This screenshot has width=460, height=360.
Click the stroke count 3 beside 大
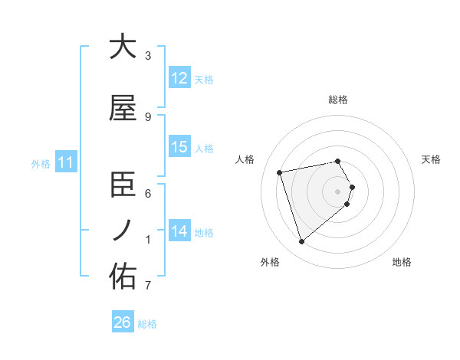click(x=148, y=55)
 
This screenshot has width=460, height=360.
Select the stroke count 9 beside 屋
click(x=148, y=116)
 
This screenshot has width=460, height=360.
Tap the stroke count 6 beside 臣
click(x=148, y=193)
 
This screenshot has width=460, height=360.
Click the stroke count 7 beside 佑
click(x=148, y=286)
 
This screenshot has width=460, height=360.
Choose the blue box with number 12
click(x=179, y=78)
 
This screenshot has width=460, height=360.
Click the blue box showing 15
click(x=179, y=147)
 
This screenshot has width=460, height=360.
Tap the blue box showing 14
click(x=179, y=231)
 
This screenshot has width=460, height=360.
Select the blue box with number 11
click(x=66, y=162)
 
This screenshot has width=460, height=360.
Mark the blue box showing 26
click(x=122, y=322)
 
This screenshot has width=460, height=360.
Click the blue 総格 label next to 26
click(x=147, y=324)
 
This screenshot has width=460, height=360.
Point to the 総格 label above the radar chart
click(x=338, y=100)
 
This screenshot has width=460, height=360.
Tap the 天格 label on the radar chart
click(x=432, y=159)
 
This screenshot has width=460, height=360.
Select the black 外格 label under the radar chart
click(x=270, y=262)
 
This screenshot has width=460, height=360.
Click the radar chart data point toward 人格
click(x=280, y=172)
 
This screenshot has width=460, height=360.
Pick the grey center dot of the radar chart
click(x=338, y=191)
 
